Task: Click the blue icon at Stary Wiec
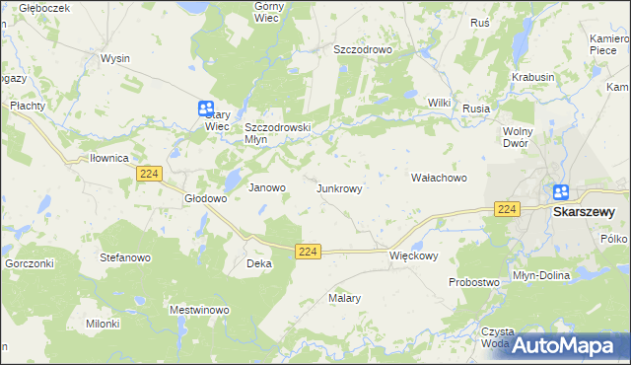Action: pos(206,109)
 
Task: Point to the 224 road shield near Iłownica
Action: pos(149,174)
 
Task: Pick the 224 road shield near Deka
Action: pos(308,253)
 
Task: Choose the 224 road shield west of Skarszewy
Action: pos(507,209)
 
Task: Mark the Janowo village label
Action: pos(266,187)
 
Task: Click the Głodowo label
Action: pos(206,198)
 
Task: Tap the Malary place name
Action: pos(344,297)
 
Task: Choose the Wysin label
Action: pos(114,58)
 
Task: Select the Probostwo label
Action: pos(474,282)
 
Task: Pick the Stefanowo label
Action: pos(124,256)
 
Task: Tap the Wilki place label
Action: pos(439,103)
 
